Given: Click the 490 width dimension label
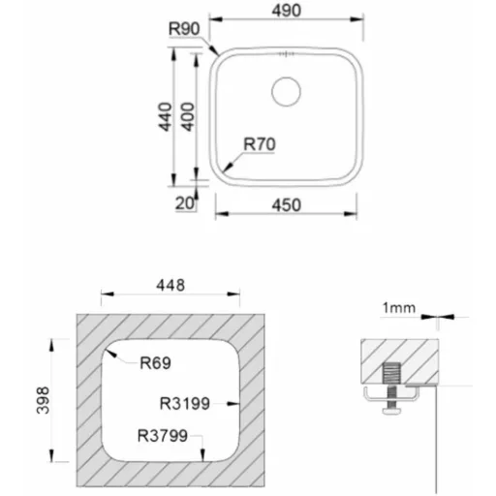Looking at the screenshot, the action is click(287, 11).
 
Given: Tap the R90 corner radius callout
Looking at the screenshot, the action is click(184, 29).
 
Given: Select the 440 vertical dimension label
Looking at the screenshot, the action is click(165, 117).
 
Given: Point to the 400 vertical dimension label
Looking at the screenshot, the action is click(187, 117).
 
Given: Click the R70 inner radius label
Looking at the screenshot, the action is click(260, 144).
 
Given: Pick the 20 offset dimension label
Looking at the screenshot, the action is click(185, 203).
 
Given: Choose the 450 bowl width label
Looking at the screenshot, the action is click(287, 205).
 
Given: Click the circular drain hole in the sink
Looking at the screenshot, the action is click(286, 91).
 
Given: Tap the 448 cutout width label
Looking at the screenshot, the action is click(170, 286).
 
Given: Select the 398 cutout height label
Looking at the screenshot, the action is click(43, 400).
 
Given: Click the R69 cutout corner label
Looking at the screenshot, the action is click(155, 363).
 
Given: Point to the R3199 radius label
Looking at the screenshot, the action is click(185, 404).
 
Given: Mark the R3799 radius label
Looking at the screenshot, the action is click(163, 436).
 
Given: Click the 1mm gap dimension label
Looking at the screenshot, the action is click(399, 308).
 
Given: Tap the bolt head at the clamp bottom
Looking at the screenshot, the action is click(392, 411).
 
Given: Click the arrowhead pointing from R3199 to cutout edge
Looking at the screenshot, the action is click(233, 404).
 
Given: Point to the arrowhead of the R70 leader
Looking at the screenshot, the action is click(229, 167).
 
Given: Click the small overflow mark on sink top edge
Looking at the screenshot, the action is click(286, 54).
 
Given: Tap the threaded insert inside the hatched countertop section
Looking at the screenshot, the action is click(391, 373).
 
